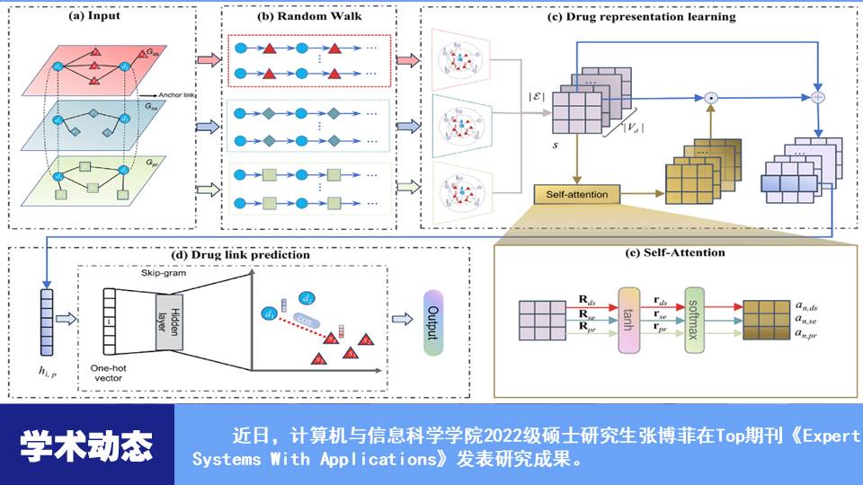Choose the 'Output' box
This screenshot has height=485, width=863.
[433, 322]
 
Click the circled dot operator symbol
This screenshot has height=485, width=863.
[710, 96]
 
